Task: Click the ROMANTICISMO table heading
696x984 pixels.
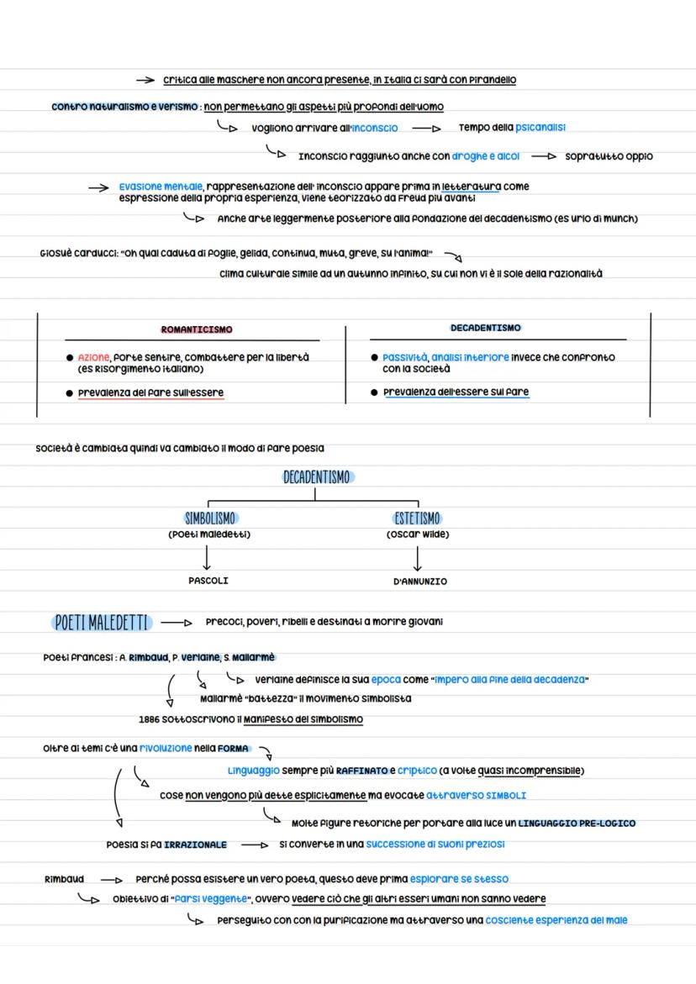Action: point(196,329)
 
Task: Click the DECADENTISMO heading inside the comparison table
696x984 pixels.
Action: point(485,328)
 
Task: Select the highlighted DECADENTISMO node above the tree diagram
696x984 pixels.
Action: point(316,477)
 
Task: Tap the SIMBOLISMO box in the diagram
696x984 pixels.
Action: point(210,518)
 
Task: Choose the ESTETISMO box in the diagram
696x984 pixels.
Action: point(417,518)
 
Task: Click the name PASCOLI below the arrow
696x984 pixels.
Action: point(208,581)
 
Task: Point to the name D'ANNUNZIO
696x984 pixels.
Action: point(419,581)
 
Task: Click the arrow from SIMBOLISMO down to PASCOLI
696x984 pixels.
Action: point(207,556)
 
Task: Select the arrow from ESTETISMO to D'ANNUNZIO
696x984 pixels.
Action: point(418,557)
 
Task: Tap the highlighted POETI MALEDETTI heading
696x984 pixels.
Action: point(101,623)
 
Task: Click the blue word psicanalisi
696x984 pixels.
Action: point(540,128)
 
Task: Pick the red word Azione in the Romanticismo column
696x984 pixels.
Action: point(93,357)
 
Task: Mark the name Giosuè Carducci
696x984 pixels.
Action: point(74,253)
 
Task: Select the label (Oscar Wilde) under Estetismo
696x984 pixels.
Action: point(418,534)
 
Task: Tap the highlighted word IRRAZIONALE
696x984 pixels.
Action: point(195,845)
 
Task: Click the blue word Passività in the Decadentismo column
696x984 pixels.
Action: point(404,357)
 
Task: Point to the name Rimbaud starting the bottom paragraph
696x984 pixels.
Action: point(64,879)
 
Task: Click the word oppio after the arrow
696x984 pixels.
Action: point(639,156)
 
